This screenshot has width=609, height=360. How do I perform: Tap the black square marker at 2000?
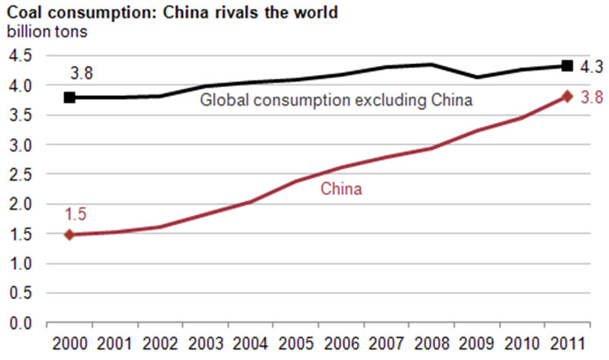click(x=70, y=98)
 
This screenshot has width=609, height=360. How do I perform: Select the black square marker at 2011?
click(x=568, y=66)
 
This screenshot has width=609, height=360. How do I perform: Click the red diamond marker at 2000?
click(x=70, y=235)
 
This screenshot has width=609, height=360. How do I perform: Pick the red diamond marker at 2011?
click(x=568, y=97)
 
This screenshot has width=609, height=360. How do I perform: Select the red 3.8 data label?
click(x=591, y=98)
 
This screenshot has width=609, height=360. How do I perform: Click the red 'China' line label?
click(x=341, y=189)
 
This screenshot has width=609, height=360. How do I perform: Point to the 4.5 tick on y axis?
click(x=20, y=55)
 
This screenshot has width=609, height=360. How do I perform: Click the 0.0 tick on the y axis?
click(x=20, y=324)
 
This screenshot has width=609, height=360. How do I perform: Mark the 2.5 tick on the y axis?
click(x=20, y=175)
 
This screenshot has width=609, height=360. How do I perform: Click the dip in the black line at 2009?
click(x=477, y=77)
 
